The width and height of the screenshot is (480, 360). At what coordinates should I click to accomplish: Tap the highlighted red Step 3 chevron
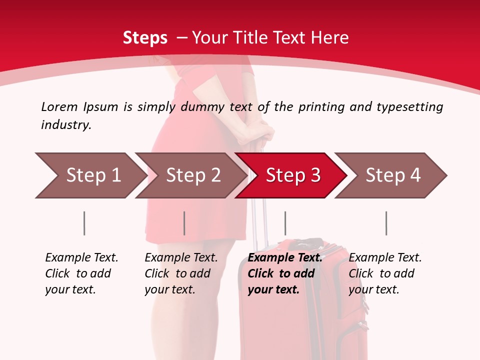pos(291,175)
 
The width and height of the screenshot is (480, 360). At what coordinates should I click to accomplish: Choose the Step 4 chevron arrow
pos(391,175)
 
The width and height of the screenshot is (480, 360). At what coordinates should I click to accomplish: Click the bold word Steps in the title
pos(145,38)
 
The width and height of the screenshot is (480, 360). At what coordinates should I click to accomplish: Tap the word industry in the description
pos(66,125)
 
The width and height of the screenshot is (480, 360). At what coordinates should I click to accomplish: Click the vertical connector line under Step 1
pos(84,223)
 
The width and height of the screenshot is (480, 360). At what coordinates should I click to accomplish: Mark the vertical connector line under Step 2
pos(184,223)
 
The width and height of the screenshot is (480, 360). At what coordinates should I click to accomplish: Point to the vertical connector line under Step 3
pos(285,223)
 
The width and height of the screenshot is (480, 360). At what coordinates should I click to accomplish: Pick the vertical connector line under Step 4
pos(386,223)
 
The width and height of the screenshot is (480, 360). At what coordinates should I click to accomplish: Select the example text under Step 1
pos(81,273)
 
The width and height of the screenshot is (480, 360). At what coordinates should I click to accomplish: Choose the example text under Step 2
pos(181,273)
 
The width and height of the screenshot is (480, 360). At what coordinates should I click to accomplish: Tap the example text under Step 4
pos(385,273)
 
